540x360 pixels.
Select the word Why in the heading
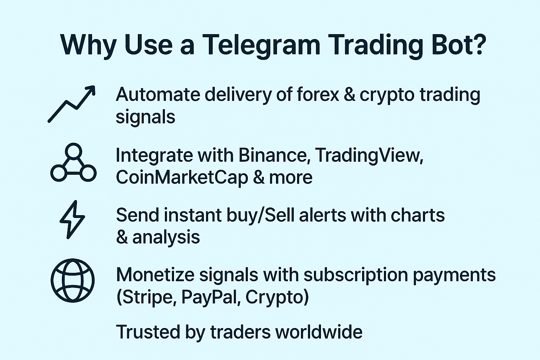coord(88,45)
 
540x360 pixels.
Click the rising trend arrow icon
coord(72,104)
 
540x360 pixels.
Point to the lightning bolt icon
coord(72,220)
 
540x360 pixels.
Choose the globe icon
coord(73,281)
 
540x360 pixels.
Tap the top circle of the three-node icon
coord(73,151)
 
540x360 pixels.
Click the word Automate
coord(158,95)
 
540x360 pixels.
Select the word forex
coord(317,95)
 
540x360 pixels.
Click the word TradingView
coord(368,155)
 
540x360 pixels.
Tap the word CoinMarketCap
coord(182,177)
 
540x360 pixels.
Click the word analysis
coord(166,237)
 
